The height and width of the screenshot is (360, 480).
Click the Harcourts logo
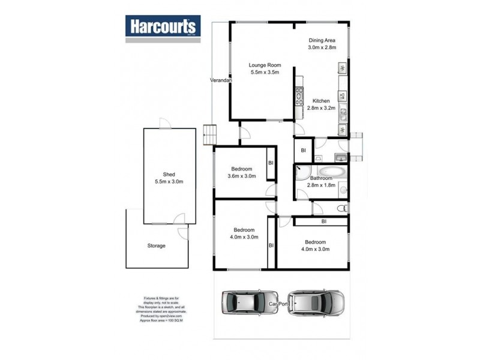[x=163, y=28]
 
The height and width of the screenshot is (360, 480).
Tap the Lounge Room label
[x=265, y=65]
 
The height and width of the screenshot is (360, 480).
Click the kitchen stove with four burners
[x=298, y=96]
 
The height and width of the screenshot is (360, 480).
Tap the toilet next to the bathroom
[x=342, y=208]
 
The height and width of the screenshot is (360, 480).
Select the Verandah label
[x=221, y=80]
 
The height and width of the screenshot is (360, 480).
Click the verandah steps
[x=209, y=134]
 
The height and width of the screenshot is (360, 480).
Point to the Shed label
[x=169, y=174]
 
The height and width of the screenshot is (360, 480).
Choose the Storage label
[x=156, y=245]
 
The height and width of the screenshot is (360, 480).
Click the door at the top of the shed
[x=163, y=124]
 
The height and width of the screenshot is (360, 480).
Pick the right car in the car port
[x=316, y=303]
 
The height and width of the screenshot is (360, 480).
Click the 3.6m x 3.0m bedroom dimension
[x=242, y=176]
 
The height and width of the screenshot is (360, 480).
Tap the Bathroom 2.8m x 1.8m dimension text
[x=322, y=186]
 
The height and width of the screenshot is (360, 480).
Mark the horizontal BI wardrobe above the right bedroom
[x=323, y=221]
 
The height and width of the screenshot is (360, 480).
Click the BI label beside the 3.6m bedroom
[x=271, y=163]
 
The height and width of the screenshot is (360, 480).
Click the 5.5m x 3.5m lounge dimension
[x=265, y=73]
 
